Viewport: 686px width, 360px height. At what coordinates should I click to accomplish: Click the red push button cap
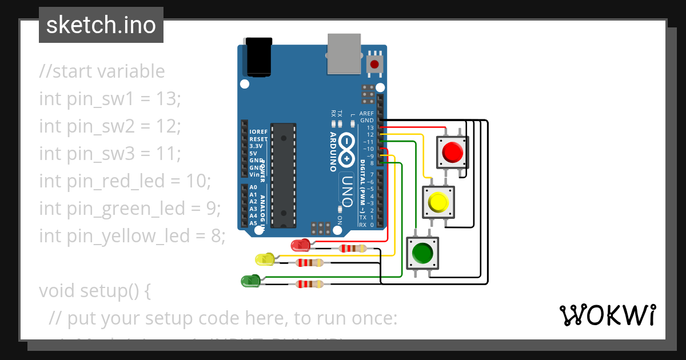click(452, 152)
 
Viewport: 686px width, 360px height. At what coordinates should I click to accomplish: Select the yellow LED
click(264, 259)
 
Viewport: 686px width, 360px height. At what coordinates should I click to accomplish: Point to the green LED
click(250, 281)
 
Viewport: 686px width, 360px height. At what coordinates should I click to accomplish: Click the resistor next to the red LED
click(352, 249)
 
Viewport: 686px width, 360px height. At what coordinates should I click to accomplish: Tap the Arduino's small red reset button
click(375, 63)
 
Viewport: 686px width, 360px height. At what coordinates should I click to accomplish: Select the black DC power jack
click(258, 57)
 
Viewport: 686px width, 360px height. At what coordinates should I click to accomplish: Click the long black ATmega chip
click(284, 175)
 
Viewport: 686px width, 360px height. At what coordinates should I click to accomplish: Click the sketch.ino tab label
click(101, 25)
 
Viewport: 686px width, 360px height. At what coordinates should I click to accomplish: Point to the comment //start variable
click(102, 71)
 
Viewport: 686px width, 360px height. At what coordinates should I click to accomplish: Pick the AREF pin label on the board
click(366, 114)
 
